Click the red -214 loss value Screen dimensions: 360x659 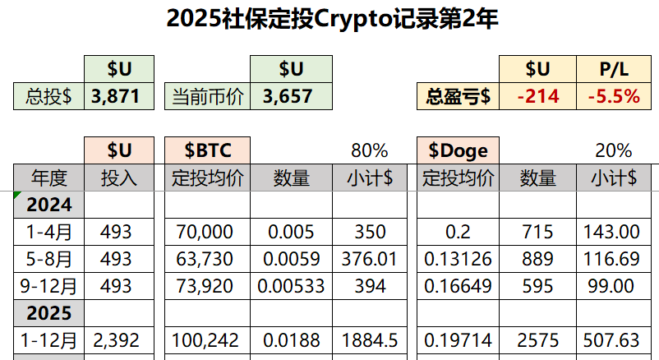[538, 96]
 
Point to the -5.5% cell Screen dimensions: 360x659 [614, 96]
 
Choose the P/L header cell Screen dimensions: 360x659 [614, 69]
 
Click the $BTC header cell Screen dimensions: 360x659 [208, 150]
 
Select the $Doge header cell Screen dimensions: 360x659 [458, 150]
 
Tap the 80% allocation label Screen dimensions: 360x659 [369, 150]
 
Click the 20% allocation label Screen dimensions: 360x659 [613, 150]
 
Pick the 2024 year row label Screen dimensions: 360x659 [50, 205]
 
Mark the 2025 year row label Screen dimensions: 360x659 [50, 313]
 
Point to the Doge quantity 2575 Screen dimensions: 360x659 [538, 340]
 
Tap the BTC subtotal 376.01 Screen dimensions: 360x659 [369, 259]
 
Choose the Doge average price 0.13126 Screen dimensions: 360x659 [458, 259]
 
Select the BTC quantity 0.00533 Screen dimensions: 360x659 [291, 286]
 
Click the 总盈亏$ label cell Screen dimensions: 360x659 [458, 96]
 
